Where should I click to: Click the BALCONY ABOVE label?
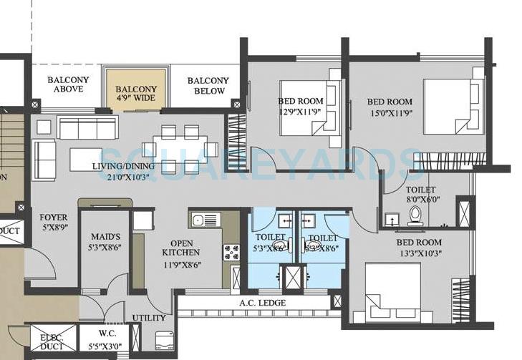click(x=68, y=84)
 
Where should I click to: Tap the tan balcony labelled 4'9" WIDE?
click(x=136, y=89)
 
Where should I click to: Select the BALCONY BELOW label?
click(x=208, y=86)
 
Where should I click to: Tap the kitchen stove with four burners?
click(x=232, y=251)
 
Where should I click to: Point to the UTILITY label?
click(x=149, y=318)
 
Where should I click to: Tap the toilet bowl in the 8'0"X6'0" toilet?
click(x=415, y=214)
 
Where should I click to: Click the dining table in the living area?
click(x=180, y=149)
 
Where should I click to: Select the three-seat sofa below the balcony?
click(x=87, y=129)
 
